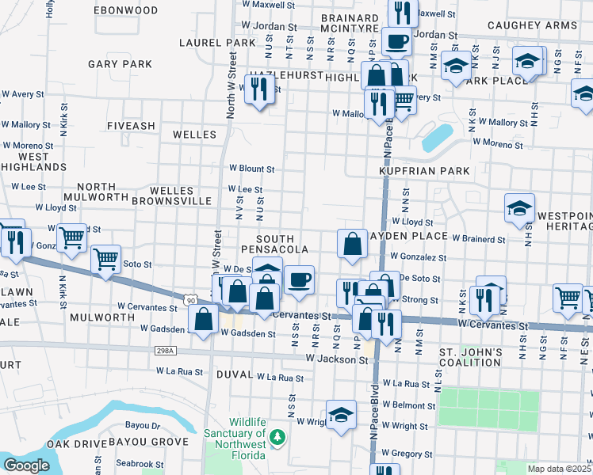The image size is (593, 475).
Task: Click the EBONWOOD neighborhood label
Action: point(125,10)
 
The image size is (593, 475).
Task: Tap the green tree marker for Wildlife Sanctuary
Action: point(277,436)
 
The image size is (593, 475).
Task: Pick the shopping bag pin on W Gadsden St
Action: point(204,320)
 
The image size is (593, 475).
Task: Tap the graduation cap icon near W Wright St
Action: point(341,416)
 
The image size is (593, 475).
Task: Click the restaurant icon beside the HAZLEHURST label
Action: point(258,89)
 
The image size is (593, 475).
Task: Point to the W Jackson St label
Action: point(342,359)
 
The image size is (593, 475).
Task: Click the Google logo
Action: point(26,465)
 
